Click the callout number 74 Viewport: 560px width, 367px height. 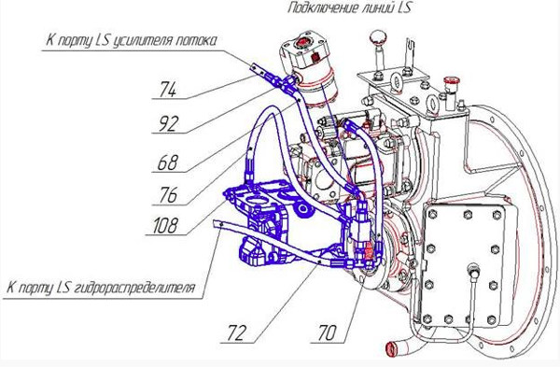168,90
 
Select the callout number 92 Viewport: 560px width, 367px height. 168,124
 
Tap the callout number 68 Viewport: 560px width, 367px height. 167,162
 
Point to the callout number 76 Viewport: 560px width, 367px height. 168,195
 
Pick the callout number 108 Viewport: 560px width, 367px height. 164,225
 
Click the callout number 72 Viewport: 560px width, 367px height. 236,332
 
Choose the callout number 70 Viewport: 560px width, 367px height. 327,332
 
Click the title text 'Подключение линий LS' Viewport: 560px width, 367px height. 349,7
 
